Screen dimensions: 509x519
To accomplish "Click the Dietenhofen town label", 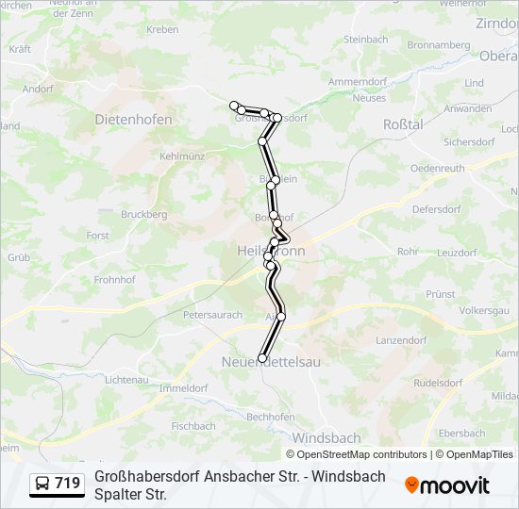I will pyautogui.click(x=133, y=120).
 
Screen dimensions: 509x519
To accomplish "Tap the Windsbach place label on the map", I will pyautogui.click(x=326, y=438).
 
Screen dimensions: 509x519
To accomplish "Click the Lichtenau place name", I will pyautogui.click(x=126, y=379).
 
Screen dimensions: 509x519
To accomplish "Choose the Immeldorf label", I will pyautogui.click(x=184, y=387).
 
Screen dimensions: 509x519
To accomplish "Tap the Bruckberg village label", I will pyautogui.click(x=144, y=215).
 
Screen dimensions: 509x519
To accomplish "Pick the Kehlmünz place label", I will pyautogui.click(x=182, y=156).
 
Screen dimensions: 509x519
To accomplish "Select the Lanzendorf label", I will pyautogui.click(x=402, y=339).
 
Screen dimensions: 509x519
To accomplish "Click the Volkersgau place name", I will pyautogui.click(x=484, y=310).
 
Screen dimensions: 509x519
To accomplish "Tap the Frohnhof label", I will pyautogui.click(x=115, y=279).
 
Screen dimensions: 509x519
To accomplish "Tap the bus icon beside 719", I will pyautogui.click(x=42, y=484).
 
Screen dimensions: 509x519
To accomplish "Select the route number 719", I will pyautogui.click(x=67, y=484).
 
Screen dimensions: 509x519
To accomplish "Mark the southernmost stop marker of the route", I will pyautogui.click(x=262, y=358).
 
